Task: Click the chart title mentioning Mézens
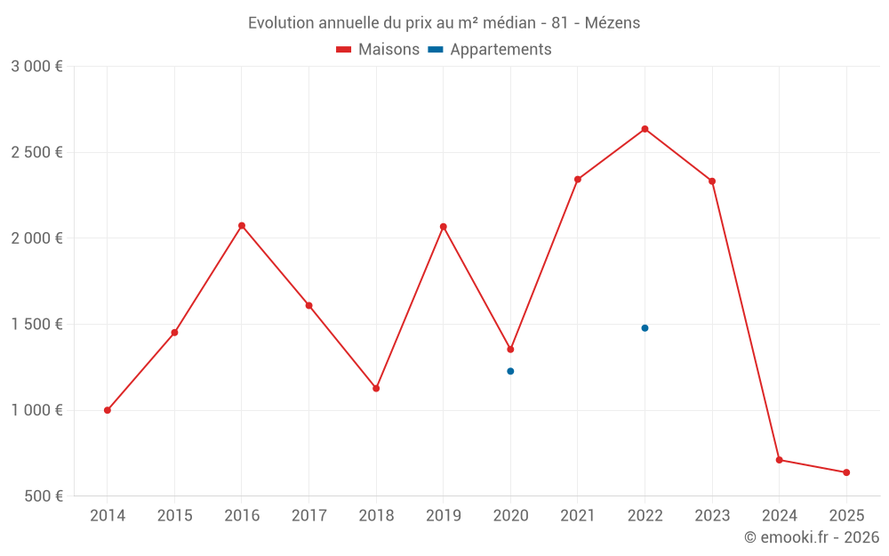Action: (x=444, y=23)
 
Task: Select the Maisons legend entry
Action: (x=378, y=50)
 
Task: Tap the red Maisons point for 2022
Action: (x=645, y=129)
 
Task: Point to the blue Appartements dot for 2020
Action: (x=510, y=371)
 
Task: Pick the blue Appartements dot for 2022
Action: (x=645, y=328)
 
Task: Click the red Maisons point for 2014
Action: (x=108, y=410)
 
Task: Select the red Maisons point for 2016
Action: (x=242, y=226)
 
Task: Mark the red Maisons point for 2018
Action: (x=376, y=389)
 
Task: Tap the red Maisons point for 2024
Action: (x=779, y=460)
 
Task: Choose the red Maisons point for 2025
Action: (x=846, y=472)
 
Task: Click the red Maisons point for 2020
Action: (x=510, y=350)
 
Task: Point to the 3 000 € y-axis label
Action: (x=36, y=67)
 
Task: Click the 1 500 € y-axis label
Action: (x=36, y=325)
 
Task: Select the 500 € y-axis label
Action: (x=43, y=496)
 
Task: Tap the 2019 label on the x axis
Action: (x=444, y=516)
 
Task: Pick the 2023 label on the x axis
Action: (x=712, y=516)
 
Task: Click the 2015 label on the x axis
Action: (x=174, y=516)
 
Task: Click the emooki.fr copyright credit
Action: (x=811, y=537)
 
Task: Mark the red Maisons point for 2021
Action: (x=578, y=180)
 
